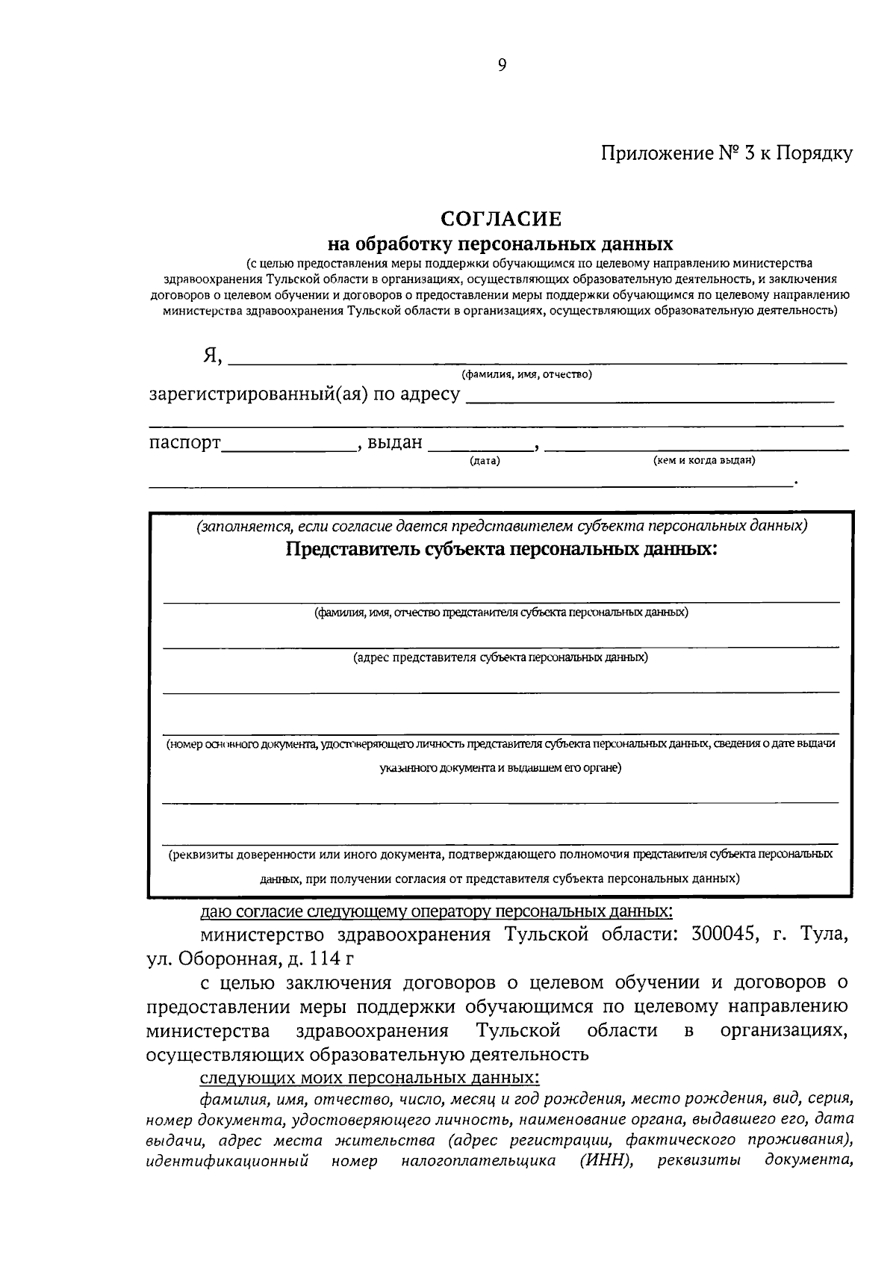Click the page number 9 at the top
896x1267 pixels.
[x=502, y=65]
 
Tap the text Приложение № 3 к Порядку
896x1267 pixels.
[x=727, y=154]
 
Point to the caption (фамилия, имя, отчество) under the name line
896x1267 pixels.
[x=526, y=374]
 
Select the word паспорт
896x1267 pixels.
[x=184, y=443]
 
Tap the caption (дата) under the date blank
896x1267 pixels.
[x=485, y=461]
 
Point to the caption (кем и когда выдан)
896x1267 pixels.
[x=704, y=461]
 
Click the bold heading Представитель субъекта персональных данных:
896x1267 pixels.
[x=500, y=550]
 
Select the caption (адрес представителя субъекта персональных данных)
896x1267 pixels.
[x=500, y=657]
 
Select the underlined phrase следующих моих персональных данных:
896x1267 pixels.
[x=368, y=1078]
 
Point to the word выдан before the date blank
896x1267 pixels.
[x=394, y=443]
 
